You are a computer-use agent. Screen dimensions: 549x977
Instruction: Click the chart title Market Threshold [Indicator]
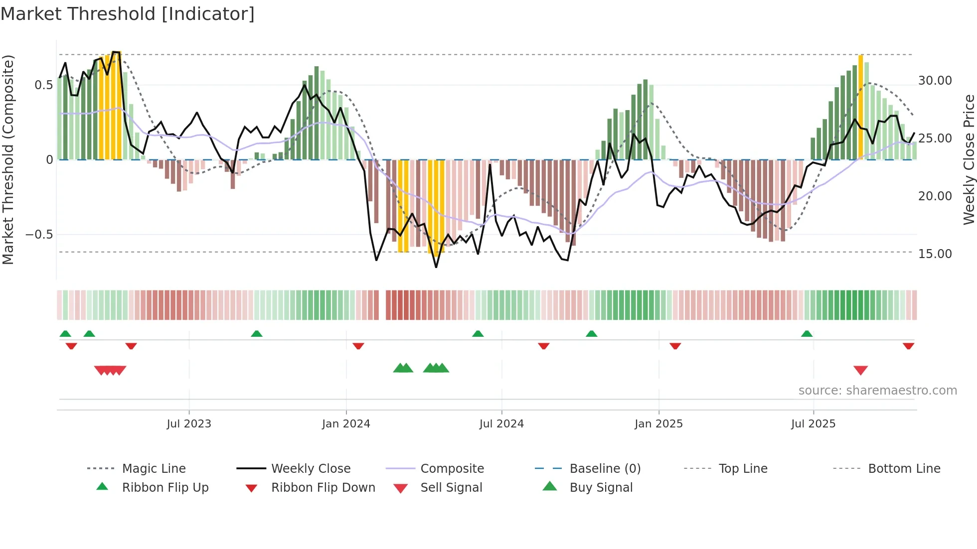click(x=128, y=14)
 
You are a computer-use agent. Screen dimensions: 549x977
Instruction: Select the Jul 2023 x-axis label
click(x=188, y=424)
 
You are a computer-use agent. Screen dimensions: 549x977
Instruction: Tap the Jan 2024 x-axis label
click(x=346, y=424)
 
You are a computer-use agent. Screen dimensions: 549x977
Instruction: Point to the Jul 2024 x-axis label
click(x=501, y=424)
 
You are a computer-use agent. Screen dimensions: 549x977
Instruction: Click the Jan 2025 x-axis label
click(x=658, y=424)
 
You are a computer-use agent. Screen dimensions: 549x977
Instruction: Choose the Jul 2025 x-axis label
click(x=813, y=424)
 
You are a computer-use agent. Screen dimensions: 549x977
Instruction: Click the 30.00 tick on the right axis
click(x=935, y=81)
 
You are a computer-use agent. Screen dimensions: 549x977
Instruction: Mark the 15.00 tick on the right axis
click(x=935, y=254)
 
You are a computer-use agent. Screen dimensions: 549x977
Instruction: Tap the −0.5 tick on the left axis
click(x=39, y=235)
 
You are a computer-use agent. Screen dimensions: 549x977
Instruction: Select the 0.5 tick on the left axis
click(x=43, y=85)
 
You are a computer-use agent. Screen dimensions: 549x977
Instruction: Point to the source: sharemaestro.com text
click(x=877, y=391)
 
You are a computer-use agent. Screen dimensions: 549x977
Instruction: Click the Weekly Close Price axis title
click(x=969, y=159)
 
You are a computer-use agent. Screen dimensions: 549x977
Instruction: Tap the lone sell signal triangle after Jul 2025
click(x=860, y=370)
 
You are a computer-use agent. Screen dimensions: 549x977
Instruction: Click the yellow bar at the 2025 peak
click(x=860, y=107)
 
